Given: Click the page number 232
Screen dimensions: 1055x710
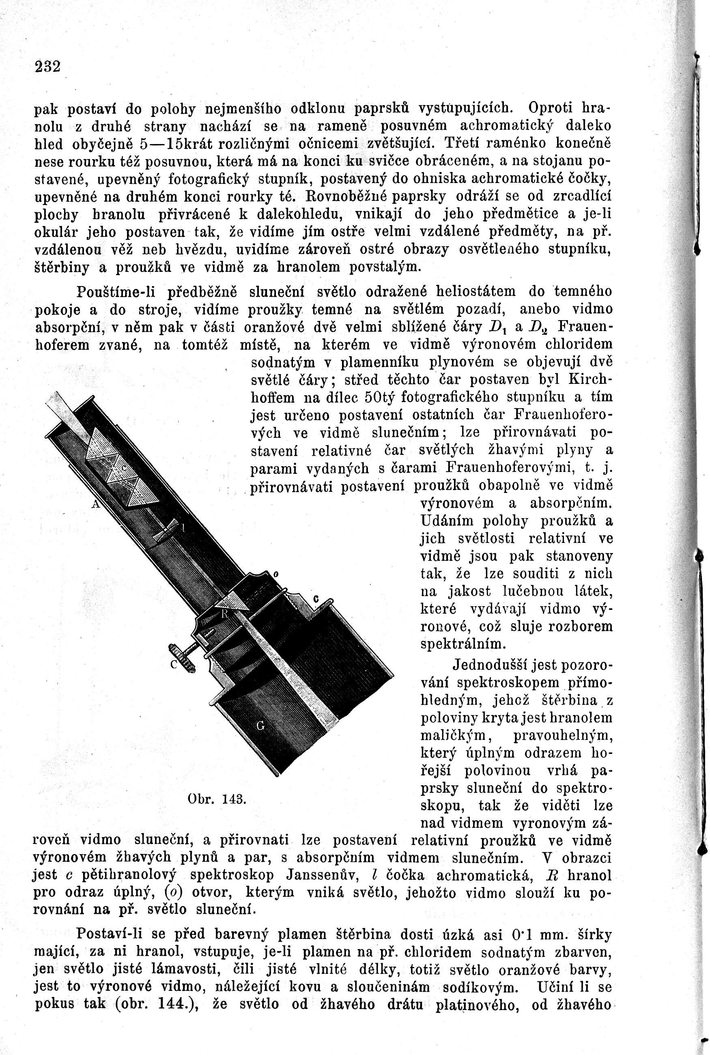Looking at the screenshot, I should (47, 67).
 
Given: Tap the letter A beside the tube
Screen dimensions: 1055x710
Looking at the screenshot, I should (95, 504).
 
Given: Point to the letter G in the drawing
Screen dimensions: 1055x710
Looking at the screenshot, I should (260, 726).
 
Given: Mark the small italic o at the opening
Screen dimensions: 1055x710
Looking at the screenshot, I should (275, 575).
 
